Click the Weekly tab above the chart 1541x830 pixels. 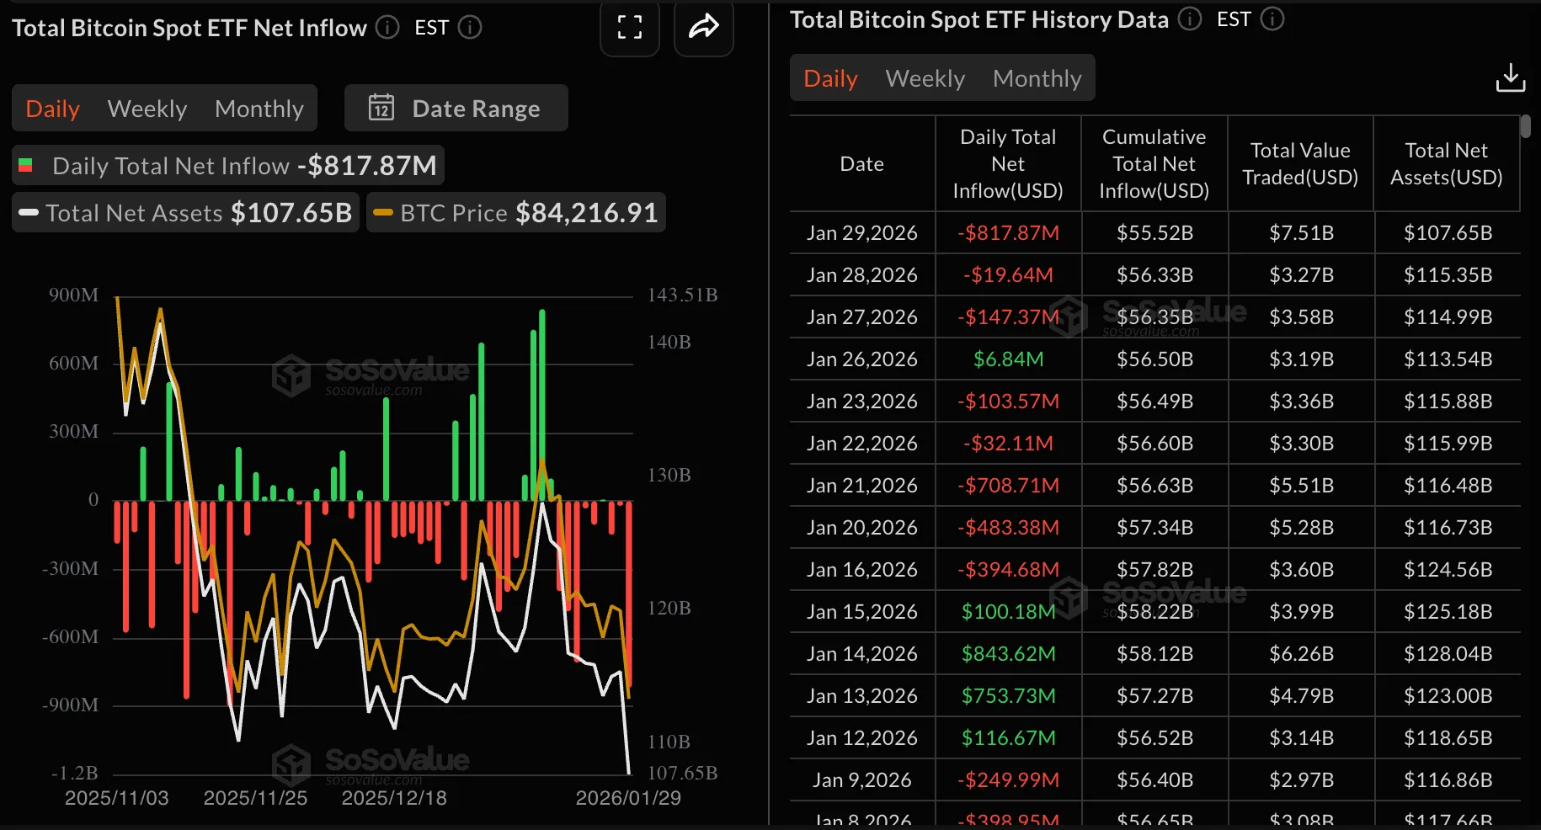point(147,109)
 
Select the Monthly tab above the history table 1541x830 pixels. point(1037,78)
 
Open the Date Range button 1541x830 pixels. point(456,109)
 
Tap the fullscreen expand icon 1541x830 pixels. point(629,28)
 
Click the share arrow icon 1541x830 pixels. point(703,28)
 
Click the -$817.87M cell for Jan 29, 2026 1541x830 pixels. point(1008,232)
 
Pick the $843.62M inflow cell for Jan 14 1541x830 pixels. point(1008,653)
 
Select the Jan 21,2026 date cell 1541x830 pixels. point(861,485)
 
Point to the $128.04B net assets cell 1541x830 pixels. point(1448,653)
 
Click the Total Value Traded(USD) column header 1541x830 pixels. point(1300,163)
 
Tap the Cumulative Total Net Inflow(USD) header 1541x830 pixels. point(1154,163)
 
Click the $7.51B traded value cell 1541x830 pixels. point(1301,232)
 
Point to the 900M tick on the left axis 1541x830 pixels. point(73,295)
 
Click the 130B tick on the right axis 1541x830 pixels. point(669,475)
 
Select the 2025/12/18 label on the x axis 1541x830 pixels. point(393,798)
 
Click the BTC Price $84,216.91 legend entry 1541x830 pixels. point(516,213)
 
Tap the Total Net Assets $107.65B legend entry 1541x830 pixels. point(185,213)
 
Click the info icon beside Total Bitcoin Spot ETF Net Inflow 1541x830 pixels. point(387,28)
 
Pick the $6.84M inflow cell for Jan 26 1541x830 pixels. point(1008,359)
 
